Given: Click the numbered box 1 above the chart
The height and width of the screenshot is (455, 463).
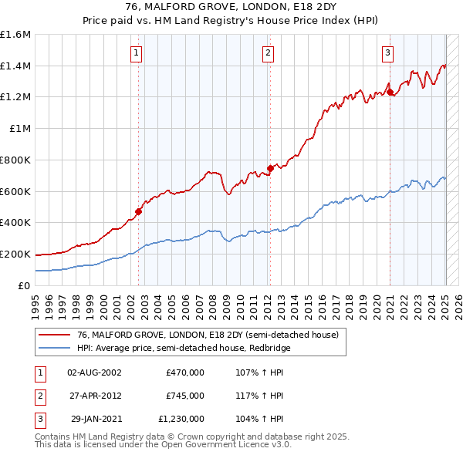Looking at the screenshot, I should pyautogui.click(x=136, y=53).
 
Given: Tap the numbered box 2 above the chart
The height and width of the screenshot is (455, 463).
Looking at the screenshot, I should pyautogui.click(x=267, y=53).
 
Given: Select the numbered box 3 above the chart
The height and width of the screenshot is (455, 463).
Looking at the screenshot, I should pyautogui.click(x=387, y=53).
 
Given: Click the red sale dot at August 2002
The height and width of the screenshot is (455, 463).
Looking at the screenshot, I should pyautogui.click(x=139, y=211).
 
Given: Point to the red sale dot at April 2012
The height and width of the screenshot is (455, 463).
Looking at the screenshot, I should pyautogui.click(x=270, y=168).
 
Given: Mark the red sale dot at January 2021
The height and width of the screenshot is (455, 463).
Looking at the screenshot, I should pyautogui.click(x=390, y=92).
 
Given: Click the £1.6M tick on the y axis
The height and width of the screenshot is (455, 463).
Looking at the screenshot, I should pyautogui.click(x=15, y=35).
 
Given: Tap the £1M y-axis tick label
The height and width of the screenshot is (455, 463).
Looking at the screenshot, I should pyautogui.click(x=19, y=129).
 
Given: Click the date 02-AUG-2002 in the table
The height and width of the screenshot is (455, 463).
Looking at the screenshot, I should pyautogui.click(x=94, y=372).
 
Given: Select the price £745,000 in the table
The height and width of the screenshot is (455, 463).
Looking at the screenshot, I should pyautogui.click(x=185, y=396).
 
